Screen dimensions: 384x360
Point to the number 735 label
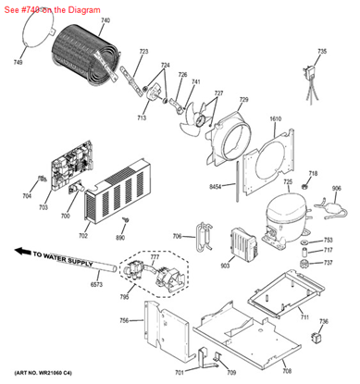point(321,52)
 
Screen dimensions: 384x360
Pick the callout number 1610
point(275,120)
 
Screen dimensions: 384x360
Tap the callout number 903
point(224,266)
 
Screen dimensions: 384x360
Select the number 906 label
point(336,190)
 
